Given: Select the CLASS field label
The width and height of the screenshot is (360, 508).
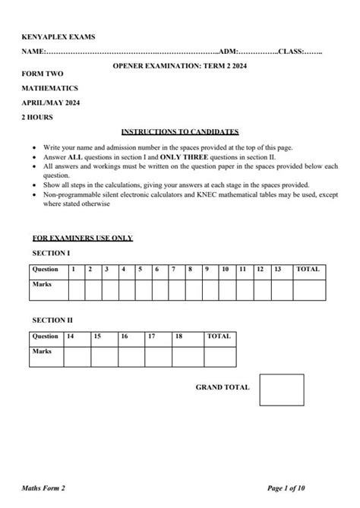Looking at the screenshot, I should coord(289,52).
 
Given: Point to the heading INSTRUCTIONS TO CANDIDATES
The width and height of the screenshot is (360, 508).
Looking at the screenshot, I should coord(180,131).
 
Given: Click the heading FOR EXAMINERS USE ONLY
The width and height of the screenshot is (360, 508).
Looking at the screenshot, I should coord(83,238).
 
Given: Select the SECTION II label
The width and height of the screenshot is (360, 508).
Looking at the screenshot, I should coord(53,320).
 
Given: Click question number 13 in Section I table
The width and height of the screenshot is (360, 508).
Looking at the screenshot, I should coord(277,269).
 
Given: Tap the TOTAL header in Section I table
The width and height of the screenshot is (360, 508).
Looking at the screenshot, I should coord(308,269).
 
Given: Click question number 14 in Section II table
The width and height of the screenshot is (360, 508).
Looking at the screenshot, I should coord(71,335).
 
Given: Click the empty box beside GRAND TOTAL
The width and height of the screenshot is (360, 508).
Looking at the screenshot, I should coord(281,389).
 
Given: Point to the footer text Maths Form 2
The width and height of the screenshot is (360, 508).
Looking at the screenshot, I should coord(55,487).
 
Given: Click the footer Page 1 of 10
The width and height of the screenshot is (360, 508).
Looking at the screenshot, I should coord(298,487).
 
